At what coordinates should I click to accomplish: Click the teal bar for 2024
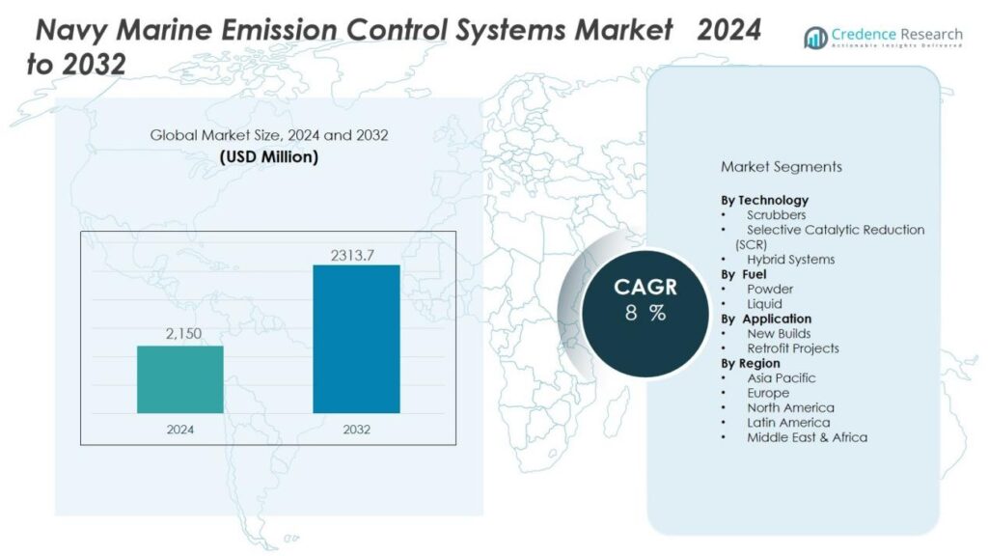[x=179, y=379]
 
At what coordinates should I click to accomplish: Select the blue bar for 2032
[x=356, y=339]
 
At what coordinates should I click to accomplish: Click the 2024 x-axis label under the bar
[x=179, y=430]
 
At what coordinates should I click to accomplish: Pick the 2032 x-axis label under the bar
[x=356, y=430]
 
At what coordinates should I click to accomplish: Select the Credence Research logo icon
[x=816, y=37]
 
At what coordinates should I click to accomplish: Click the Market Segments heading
[x=781, y=167]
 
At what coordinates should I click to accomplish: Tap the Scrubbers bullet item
[x=776, y=214]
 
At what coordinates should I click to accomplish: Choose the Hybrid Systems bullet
[x=790, y=260]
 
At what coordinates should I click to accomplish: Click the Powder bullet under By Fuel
[x=770, y=289]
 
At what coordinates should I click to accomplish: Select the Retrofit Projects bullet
[x=792, y=348]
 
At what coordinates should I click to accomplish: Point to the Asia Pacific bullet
[x=781, y=378]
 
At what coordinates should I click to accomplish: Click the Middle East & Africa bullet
[x=807, y=437]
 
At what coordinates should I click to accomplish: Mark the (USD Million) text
[x=269, y=156]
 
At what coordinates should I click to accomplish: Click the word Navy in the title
[x=70, y=31]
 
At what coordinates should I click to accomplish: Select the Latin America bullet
[x=787, y=423]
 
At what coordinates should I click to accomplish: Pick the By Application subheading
[x=767, y=319]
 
